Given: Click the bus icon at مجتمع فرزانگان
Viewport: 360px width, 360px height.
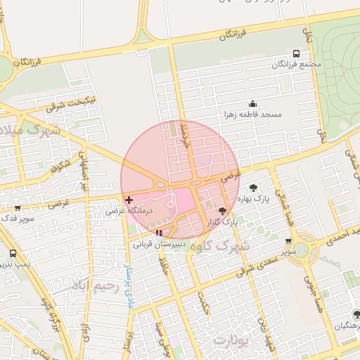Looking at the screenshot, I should [296, 53].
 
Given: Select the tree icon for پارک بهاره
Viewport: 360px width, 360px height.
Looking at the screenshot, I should [253, 188].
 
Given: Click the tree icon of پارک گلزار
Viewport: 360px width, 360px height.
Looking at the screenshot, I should [223, 211].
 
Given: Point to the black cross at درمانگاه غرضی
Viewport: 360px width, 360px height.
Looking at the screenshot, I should [129, 200].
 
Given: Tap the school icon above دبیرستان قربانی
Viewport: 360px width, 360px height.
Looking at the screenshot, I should [160, 233].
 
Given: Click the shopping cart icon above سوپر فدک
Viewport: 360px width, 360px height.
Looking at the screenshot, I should [17, 208].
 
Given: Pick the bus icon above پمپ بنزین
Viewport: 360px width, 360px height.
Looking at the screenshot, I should [13, 253].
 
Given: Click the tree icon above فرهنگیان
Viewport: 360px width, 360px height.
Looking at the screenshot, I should [356, 314].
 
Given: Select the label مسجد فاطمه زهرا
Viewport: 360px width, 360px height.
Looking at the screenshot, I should [253, 114].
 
